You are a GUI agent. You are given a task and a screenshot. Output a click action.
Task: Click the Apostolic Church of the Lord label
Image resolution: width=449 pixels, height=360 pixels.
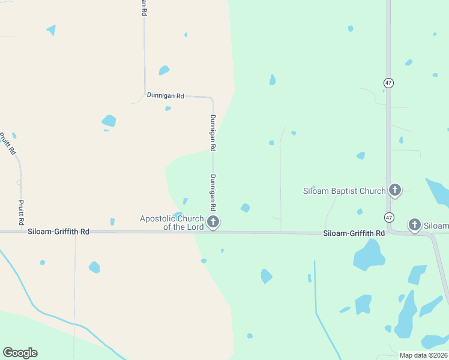tap(173, 223)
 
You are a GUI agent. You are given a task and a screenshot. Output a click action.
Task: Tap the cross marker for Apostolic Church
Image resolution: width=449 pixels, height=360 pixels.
tap(212, 223)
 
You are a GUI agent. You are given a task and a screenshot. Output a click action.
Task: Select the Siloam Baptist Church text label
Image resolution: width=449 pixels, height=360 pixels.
tap(344, 191)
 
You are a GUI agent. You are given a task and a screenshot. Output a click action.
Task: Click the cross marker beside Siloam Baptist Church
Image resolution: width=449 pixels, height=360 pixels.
tap(394, 191)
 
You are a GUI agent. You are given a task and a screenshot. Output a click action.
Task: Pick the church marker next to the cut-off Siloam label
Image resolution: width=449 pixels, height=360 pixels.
tap(414, 225)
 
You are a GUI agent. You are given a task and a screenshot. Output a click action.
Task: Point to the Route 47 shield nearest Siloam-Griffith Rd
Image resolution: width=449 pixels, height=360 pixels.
tap(389, 217)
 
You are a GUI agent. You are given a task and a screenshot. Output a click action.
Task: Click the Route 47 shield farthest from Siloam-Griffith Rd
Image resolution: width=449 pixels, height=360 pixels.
tap(389, 83)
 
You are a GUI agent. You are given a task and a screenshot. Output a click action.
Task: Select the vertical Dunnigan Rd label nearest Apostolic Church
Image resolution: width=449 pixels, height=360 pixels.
tap(213, 192)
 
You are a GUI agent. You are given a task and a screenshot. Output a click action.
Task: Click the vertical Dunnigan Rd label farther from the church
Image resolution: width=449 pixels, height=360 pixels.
tap(213, 132)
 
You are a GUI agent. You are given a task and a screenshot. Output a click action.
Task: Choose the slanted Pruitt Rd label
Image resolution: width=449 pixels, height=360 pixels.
tap(8, 144)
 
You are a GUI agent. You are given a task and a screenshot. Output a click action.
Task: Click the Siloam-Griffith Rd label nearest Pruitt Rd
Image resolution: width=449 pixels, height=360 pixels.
tap(58, 232)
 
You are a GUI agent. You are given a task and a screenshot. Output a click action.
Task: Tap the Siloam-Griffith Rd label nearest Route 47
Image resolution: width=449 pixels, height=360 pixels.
tap(354, 233)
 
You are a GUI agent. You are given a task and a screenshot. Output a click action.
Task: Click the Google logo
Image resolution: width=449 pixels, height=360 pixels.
tap(20, 353)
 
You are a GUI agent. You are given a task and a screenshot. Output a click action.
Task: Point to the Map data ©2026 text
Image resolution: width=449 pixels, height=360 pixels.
tap(423, 355)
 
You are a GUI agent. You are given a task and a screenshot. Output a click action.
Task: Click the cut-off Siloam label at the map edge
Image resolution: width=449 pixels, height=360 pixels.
tap(436, 226)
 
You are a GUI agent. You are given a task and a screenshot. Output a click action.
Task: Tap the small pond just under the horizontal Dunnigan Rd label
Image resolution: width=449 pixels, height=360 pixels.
tap(168, 109)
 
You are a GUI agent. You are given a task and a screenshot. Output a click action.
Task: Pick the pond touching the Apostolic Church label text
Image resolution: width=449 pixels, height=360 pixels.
tap(178, 214)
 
